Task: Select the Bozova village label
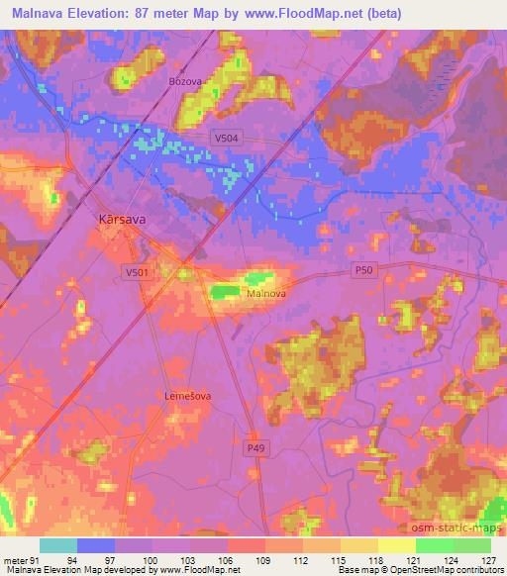point(185,81)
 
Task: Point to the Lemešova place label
point(188,395)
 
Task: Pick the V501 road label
point(137,271)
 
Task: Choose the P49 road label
point(256,448)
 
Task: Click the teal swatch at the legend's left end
point(58,545)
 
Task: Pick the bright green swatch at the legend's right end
point(471,545)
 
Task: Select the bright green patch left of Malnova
point(225,291)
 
